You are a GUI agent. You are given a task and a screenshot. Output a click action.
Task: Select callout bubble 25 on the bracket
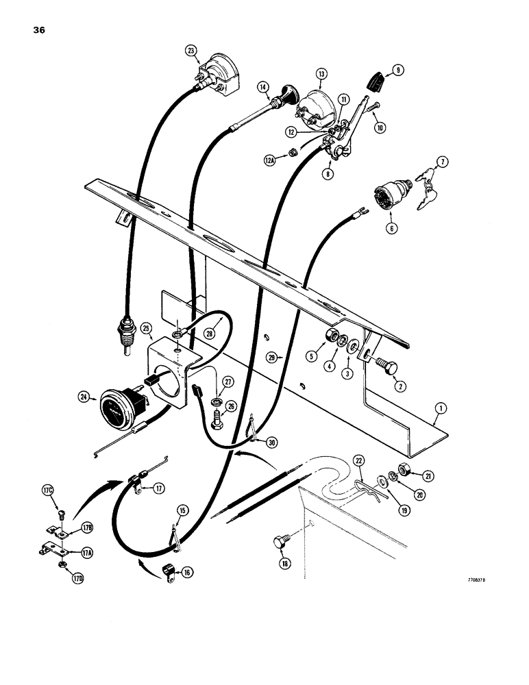click(x=147, y=329)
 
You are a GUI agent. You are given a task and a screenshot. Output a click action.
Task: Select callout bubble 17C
click(x=47, y=490)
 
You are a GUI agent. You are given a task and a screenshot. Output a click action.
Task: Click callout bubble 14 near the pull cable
click(x=262, y=86)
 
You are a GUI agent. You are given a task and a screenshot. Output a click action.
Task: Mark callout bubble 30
click(x=273, y=443)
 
